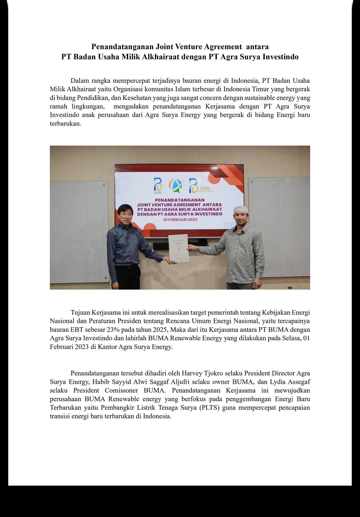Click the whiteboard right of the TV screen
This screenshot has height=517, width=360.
click(279, 228)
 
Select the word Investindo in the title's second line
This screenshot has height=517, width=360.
click(280, 57)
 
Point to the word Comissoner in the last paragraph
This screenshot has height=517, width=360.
click(121, 391)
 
